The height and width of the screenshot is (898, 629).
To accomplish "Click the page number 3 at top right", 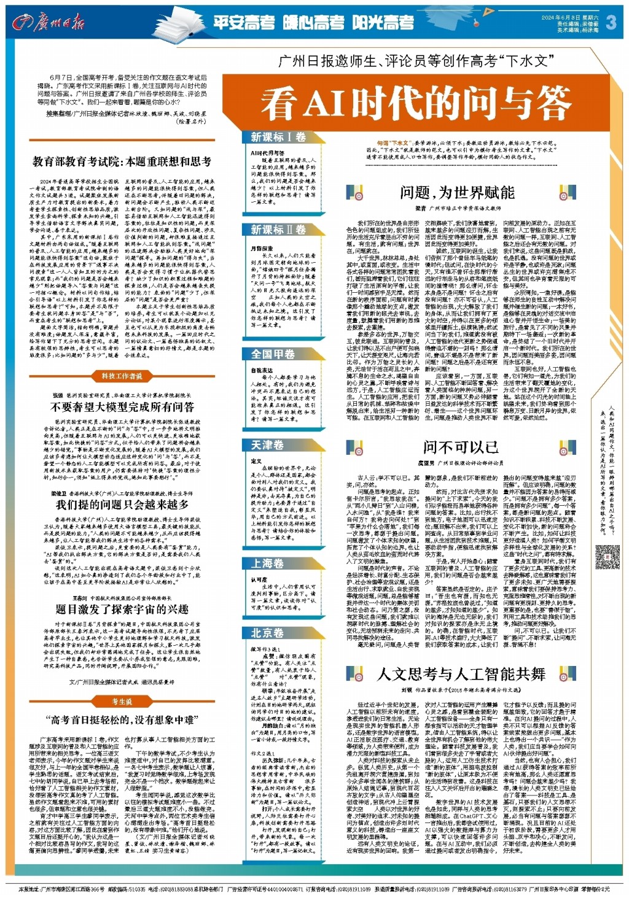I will point(611,23).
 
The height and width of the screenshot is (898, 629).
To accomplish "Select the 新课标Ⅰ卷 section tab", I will point(278,137).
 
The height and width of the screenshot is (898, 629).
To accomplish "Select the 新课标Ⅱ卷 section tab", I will point(278,230).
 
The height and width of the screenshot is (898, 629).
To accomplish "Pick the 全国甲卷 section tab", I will point(273,354).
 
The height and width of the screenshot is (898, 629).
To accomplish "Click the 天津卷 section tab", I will point(268,444).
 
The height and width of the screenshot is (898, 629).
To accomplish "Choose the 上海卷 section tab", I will point(268,563).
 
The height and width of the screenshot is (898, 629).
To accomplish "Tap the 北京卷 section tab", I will point(268,633).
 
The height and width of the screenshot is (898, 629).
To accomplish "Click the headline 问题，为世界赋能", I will point(457,193).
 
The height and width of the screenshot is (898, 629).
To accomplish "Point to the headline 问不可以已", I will point(460,446).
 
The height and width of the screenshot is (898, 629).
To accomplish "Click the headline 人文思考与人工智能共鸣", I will point(461,674).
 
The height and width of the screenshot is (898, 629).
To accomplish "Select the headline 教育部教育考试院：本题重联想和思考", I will point(122,161).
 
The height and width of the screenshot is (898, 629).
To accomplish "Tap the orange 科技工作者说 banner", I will point(122,376).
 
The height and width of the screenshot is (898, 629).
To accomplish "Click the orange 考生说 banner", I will point(122,702).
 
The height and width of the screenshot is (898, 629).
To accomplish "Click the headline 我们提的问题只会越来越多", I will point(122,505).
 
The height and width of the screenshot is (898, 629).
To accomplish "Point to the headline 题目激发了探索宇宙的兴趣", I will point(122,609).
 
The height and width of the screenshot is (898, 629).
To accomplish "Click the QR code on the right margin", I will point(608,557).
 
